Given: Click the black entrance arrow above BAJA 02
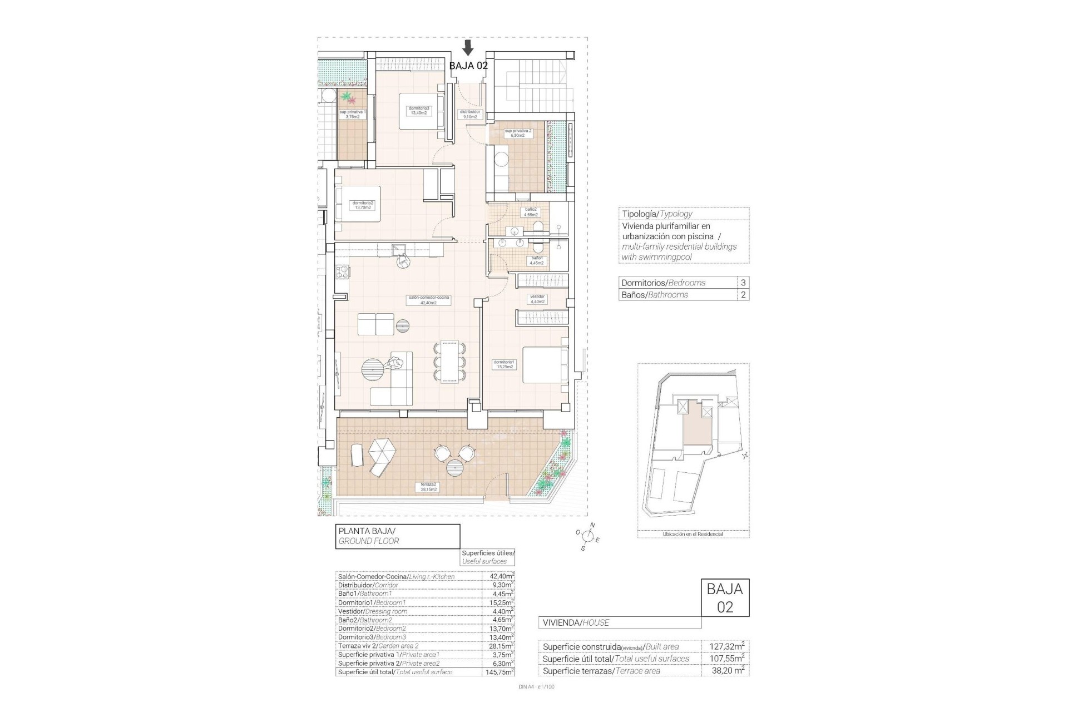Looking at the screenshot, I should click(468, 47).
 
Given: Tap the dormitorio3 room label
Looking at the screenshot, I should click(418, 110).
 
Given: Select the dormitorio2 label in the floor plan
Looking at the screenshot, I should click(363, 205).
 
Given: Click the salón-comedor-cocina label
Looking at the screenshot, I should click(428, 300).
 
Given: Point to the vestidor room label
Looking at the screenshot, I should click(537, 299).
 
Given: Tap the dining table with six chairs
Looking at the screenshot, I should click(448, 362).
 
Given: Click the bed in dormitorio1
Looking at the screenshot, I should click(545, 365).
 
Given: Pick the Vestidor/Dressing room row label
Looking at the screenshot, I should click(373, 611).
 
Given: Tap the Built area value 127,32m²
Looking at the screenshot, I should click(727, 647).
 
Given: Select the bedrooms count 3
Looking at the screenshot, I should click(743, 283).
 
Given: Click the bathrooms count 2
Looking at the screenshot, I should click(743, 295).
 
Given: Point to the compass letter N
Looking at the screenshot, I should click(592, 525).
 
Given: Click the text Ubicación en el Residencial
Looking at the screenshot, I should click(693, 534).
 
